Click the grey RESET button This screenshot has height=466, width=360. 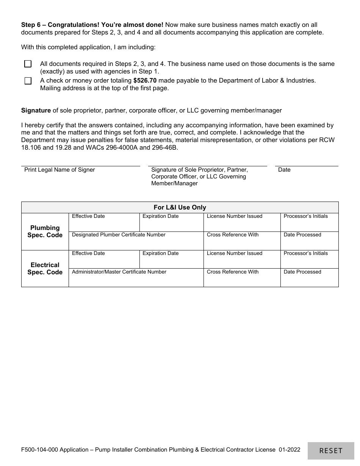(x=331, y=450)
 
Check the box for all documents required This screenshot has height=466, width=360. (x=28, y=64)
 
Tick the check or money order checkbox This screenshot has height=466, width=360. (x=28, y=81)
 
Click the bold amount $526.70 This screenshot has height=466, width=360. (x=145, y=80)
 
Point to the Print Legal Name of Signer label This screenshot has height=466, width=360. (x=59, y=170)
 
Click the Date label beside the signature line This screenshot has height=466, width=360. (x=284, y=170)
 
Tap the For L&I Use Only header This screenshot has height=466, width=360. (x=180, y=207)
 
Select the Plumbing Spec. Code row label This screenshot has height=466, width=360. (x=45, y=231)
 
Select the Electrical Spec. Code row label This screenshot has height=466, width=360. (x=45, y=268)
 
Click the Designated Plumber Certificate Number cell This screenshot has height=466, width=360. (x=136, y=241)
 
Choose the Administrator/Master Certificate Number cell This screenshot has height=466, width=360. (x=136, y=278)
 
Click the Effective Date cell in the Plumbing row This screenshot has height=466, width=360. (x=104, y=222)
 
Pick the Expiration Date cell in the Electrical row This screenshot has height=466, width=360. (x=171, y=259)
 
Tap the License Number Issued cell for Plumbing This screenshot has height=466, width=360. (x=242, y=222)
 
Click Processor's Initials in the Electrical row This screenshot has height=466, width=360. (x=309, y=259)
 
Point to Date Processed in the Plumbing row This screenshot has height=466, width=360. (x=309, y=241)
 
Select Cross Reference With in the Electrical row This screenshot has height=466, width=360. (x=242, y=278)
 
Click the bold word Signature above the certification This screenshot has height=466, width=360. (x=36, y=110)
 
